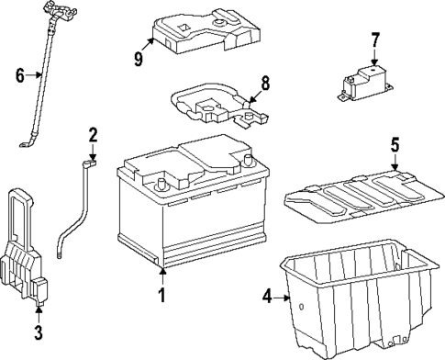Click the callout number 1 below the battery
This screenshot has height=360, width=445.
(x=161, y=295)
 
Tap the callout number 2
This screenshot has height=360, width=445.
(x=93, y=136)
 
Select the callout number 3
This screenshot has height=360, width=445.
(x=39, y=332)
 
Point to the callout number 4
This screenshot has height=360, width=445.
(x=267, y=297)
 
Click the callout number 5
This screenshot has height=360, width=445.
(x=395, y=145)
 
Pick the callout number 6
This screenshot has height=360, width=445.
(x=20, y=75)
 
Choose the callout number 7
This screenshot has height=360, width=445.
(x=375, y=39)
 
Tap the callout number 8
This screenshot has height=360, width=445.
(x=265, y=84)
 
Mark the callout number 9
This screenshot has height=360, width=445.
(x=139, y=59)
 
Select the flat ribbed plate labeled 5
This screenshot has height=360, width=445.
(x=364, y=197)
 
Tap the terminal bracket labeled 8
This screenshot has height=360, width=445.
(x=218, y=104)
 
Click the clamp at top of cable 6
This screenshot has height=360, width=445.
(x=60, y=11)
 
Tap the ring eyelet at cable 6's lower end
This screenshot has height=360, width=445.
(x=24, y=145)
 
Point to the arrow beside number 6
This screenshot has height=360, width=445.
(x=33, y=74)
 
